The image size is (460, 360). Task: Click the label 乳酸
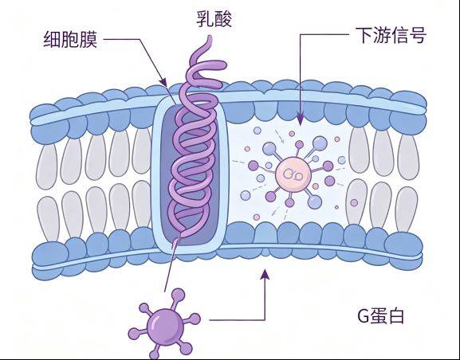pyautogui.click(x=214, y=19)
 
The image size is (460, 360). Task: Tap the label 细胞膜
pyautogui.click(x=70, y=39)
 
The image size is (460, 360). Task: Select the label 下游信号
pyautogui.click(x=391, y=35)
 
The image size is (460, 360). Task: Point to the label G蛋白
pyautogui.click(x=381, y=315)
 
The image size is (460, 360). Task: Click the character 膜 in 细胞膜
pyautogui.click(x=88, y=39)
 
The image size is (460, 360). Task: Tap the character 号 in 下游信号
pyautogui.click(x=418, y=35)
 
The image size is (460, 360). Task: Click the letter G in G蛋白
pyautogui.click(x=364, y=316)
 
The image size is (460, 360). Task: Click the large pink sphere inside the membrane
pyautogui.click(x=293, y=174)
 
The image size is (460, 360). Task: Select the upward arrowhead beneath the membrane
pyautogui.click(x=265, y=275)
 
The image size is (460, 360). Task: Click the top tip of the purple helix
pyautogui.click(x=210, y=37)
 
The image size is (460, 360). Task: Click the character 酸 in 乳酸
pyautogui.click(x=223, y=19)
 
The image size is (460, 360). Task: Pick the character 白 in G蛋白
pyautogui.click(x=396, y=316)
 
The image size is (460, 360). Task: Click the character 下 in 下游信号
pyautogui.click(x=364, y=35)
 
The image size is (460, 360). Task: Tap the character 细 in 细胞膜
pyautogui.click(x=53, y=39)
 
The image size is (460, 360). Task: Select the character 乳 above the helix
pyautogui.click(x=205, y=19)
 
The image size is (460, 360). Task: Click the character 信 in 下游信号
pyautogui.click(x=399, y=35)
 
